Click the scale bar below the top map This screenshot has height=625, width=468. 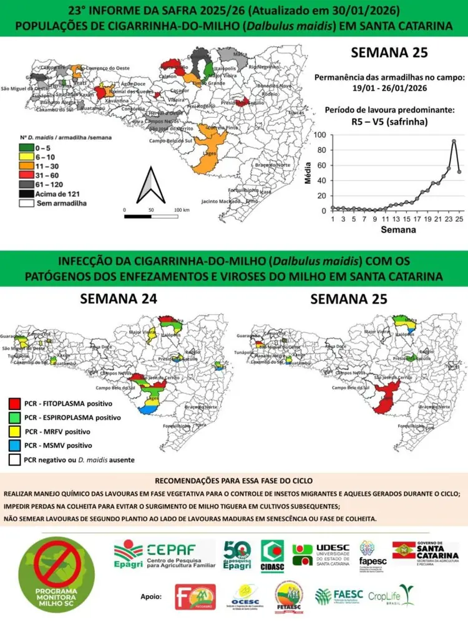(x=151, y=217)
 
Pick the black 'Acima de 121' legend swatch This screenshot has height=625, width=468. (x=27, y=194)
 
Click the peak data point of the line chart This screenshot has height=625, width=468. (x=454, y=141)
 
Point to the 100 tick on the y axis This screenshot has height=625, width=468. (x=319, y=135)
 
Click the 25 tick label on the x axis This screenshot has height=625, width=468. (x=459, y=219)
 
